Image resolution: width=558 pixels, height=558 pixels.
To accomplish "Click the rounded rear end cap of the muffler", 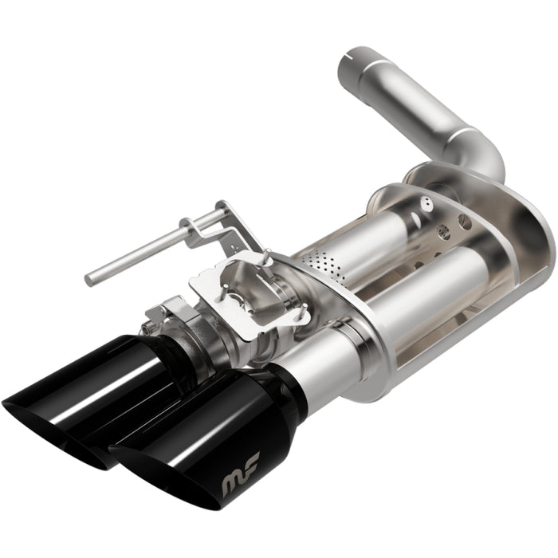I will pos(526,239).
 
